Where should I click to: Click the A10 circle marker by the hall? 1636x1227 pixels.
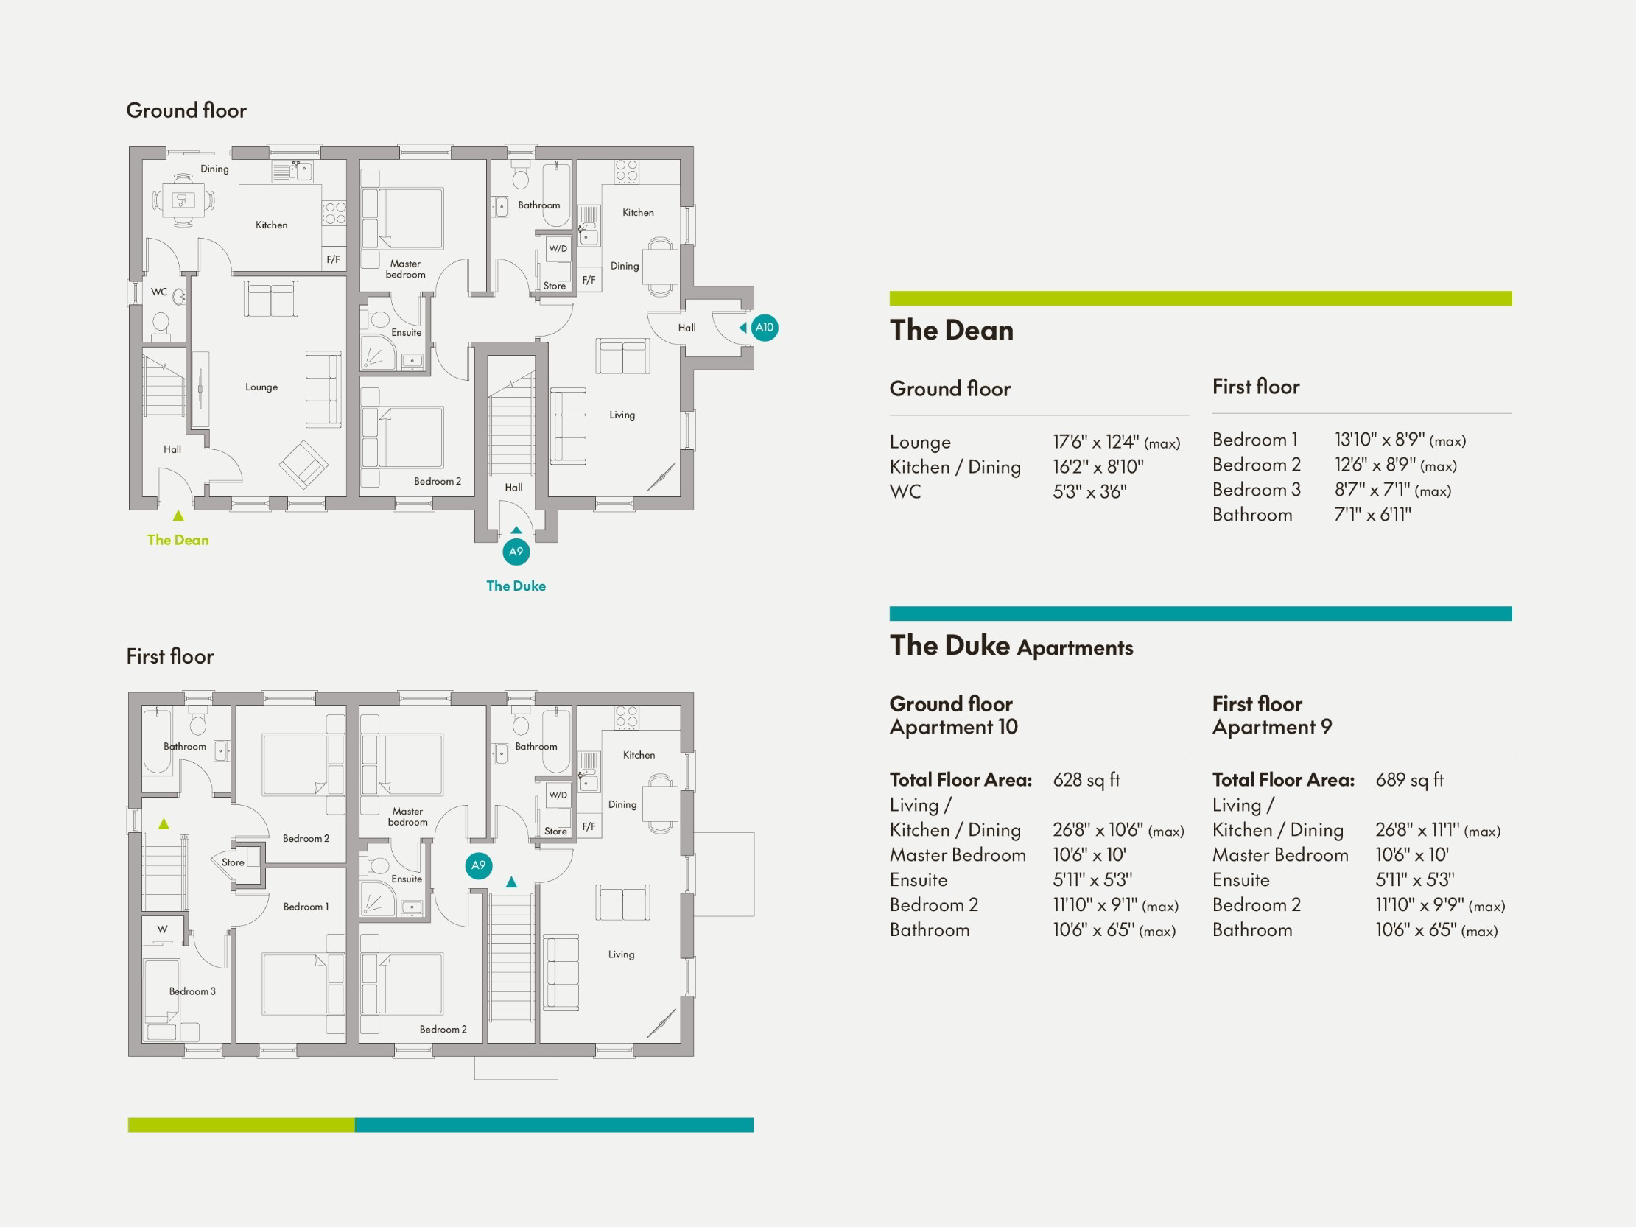point(764,327)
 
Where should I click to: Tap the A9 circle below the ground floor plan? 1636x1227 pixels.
point(516,551)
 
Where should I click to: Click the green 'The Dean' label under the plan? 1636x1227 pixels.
point(178,540)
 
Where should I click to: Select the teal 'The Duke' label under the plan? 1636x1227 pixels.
point(516,586)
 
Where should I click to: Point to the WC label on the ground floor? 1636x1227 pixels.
point(159,292)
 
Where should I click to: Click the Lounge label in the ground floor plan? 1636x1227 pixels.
point(261,387)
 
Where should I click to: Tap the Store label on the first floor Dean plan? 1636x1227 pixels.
point(232,862)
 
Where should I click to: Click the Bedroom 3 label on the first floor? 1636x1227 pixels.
point(192,991)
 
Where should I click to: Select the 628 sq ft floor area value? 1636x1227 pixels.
point(1086,779)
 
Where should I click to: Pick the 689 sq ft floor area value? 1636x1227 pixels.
point(1409,779)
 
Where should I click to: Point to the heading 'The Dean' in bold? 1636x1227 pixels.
point(951,330)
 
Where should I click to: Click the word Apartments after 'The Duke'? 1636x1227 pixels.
point(1075,648)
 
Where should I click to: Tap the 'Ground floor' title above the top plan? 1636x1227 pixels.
point(186,110)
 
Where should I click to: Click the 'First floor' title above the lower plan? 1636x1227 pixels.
point(169,656)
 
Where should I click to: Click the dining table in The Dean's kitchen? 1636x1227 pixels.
point(183,200)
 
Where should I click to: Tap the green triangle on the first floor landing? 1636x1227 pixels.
point(164,823)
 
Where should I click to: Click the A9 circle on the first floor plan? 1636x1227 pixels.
point(479,865)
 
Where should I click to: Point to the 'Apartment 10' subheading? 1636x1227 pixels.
point(953,727)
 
